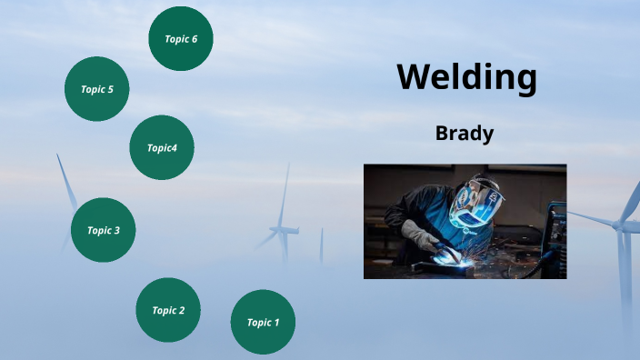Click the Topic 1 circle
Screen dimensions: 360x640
(263, 322)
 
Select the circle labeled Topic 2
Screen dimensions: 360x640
(168, 310)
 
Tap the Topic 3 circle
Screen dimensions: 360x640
(104, 230)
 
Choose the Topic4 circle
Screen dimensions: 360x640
(162, 147)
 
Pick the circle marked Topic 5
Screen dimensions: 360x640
(96, 89)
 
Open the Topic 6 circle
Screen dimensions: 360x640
(181, 38)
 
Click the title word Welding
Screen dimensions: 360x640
(466, 77)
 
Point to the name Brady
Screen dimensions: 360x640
(465, 134)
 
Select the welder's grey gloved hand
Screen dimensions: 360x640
(421, 239)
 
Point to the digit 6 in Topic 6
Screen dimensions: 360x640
(207, 38)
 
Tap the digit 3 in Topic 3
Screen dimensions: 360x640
(116, 230)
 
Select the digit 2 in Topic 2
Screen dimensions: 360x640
(182, 310)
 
